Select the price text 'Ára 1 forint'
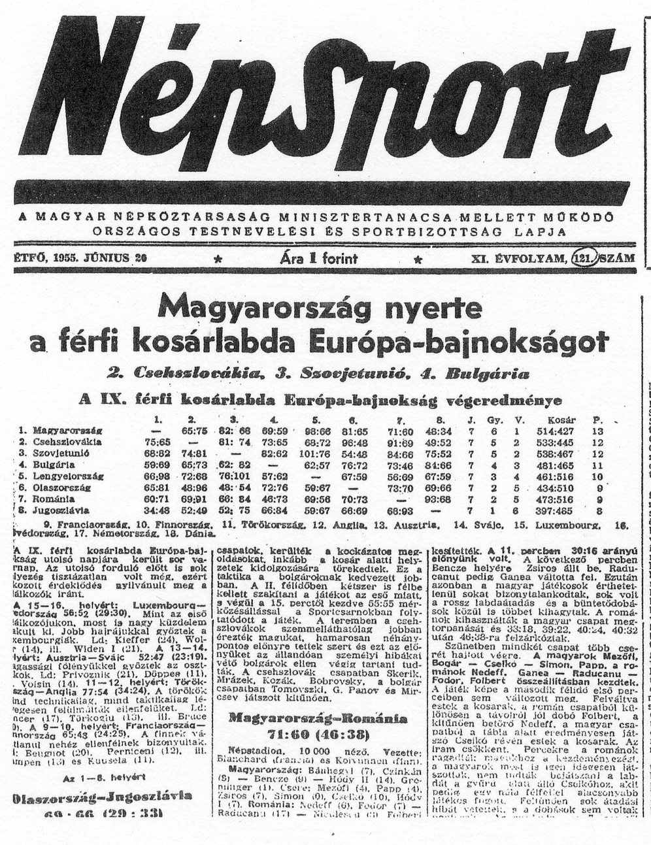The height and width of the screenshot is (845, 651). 318,258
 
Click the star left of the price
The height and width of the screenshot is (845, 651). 218,259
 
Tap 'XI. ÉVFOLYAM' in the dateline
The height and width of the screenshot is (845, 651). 518,258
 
